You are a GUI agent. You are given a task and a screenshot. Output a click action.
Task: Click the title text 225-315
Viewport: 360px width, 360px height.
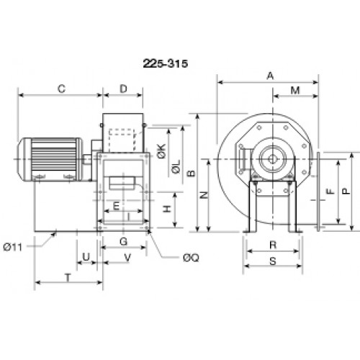166,63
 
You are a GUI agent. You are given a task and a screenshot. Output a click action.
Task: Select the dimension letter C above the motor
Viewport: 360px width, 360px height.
61,89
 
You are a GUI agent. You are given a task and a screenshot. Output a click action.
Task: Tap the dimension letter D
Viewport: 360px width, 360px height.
123,89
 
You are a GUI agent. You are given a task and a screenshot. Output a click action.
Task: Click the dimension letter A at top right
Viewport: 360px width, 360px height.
270,76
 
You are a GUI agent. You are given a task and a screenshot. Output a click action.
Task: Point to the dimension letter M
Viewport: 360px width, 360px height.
295,91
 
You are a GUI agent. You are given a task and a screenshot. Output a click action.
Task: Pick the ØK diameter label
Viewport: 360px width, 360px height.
161,151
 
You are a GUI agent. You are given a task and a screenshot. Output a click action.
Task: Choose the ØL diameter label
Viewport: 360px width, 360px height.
176,167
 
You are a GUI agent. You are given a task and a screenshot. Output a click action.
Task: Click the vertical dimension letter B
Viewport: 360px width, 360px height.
192,173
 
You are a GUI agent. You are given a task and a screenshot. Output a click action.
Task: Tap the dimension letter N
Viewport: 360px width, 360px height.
204,195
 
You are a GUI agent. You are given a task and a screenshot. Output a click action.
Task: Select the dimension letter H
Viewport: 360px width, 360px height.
167,209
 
